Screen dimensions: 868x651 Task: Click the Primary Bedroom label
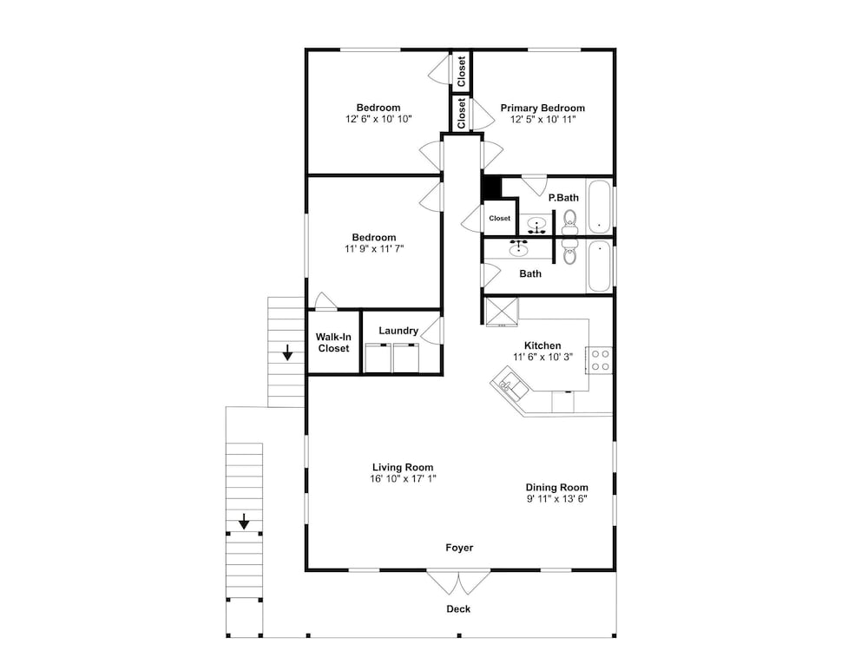click(x=542, y=108)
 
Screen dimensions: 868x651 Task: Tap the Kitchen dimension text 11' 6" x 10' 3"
click(x=542, y=357)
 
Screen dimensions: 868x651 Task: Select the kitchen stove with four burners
click(x=600, y=360)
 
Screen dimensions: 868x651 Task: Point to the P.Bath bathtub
click(x=599, y=207)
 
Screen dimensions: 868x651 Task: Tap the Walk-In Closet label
click(x=333, y=343)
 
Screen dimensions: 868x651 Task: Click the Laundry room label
click(x=398, y=331)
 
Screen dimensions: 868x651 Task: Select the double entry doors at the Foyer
click(x=458, y=582)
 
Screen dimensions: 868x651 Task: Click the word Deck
click(x=458, y=609)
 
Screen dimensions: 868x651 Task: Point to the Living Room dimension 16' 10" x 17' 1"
click(x=403, y=479)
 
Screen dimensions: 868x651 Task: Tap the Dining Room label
click(x=557, y=488)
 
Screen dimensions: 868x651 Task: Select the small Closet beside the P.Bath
click(x=499, y=218)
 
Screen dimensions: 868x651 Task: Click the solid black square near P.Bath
click(x=492, y=187)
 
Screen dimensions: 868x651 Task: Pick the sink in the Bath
click(x=519, y=248)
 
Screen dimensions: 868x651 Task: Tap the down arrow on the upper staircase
click(x=287, y=352)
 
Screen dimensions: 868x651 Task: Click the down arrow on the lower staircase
click(x=244, y=522)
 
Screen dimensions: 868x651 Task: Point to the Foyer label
click(x=459, y=548)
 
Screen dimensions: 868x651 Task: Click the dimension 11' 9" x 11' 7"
click(x=374, y=249)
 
